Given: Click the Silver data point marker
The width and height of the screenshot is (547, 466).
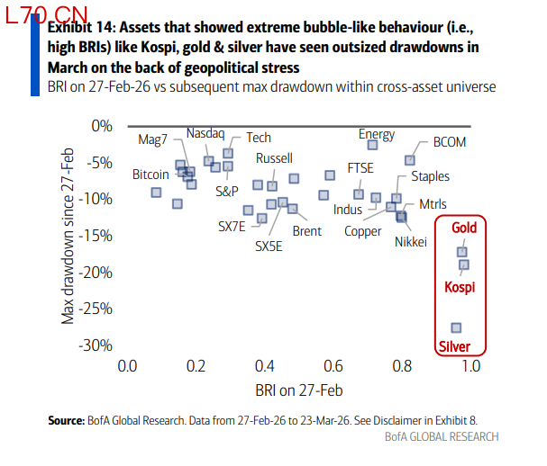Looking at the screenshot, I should click(456, 327).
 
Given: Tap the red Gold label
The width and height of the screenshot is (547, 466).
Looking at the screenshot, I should click(464, 228).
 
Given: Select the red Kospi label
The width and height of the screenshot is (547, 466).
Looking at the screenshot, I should click(460, 287).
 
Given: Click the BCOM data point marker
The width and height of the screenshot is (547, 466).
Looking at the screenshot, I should click(410, 160).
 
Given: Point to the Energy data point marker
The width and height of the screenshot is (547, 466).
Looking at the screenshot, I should click(372, 145).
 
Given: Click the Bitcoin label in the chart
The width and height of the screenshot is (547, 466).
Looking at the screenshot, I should click(150, 174).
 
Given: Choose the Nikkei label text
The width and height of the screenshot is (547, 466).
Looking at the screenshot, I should click(410, 241).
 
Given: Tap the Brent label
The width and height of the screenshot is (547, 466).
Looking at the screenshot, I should click(306, 231).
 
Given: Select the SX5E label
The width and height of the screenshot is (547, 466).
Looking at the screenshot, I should click(269, 245).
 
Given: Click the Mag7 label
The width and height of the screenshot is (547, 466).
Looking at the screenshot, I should click(153, 140).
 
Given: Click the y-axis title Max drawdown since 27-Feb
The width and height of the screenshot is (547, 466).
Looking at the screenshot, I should click(67, 235).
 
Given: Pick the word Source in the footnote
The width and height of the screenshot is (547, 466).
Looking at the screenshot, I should click(65, 420).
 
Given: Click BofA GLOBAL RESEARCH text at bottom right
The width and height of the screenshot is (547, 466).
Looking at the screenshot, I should click(441, 436).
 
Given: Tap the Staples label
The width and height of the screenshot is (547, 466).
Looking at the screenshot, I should click(430, 177).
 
